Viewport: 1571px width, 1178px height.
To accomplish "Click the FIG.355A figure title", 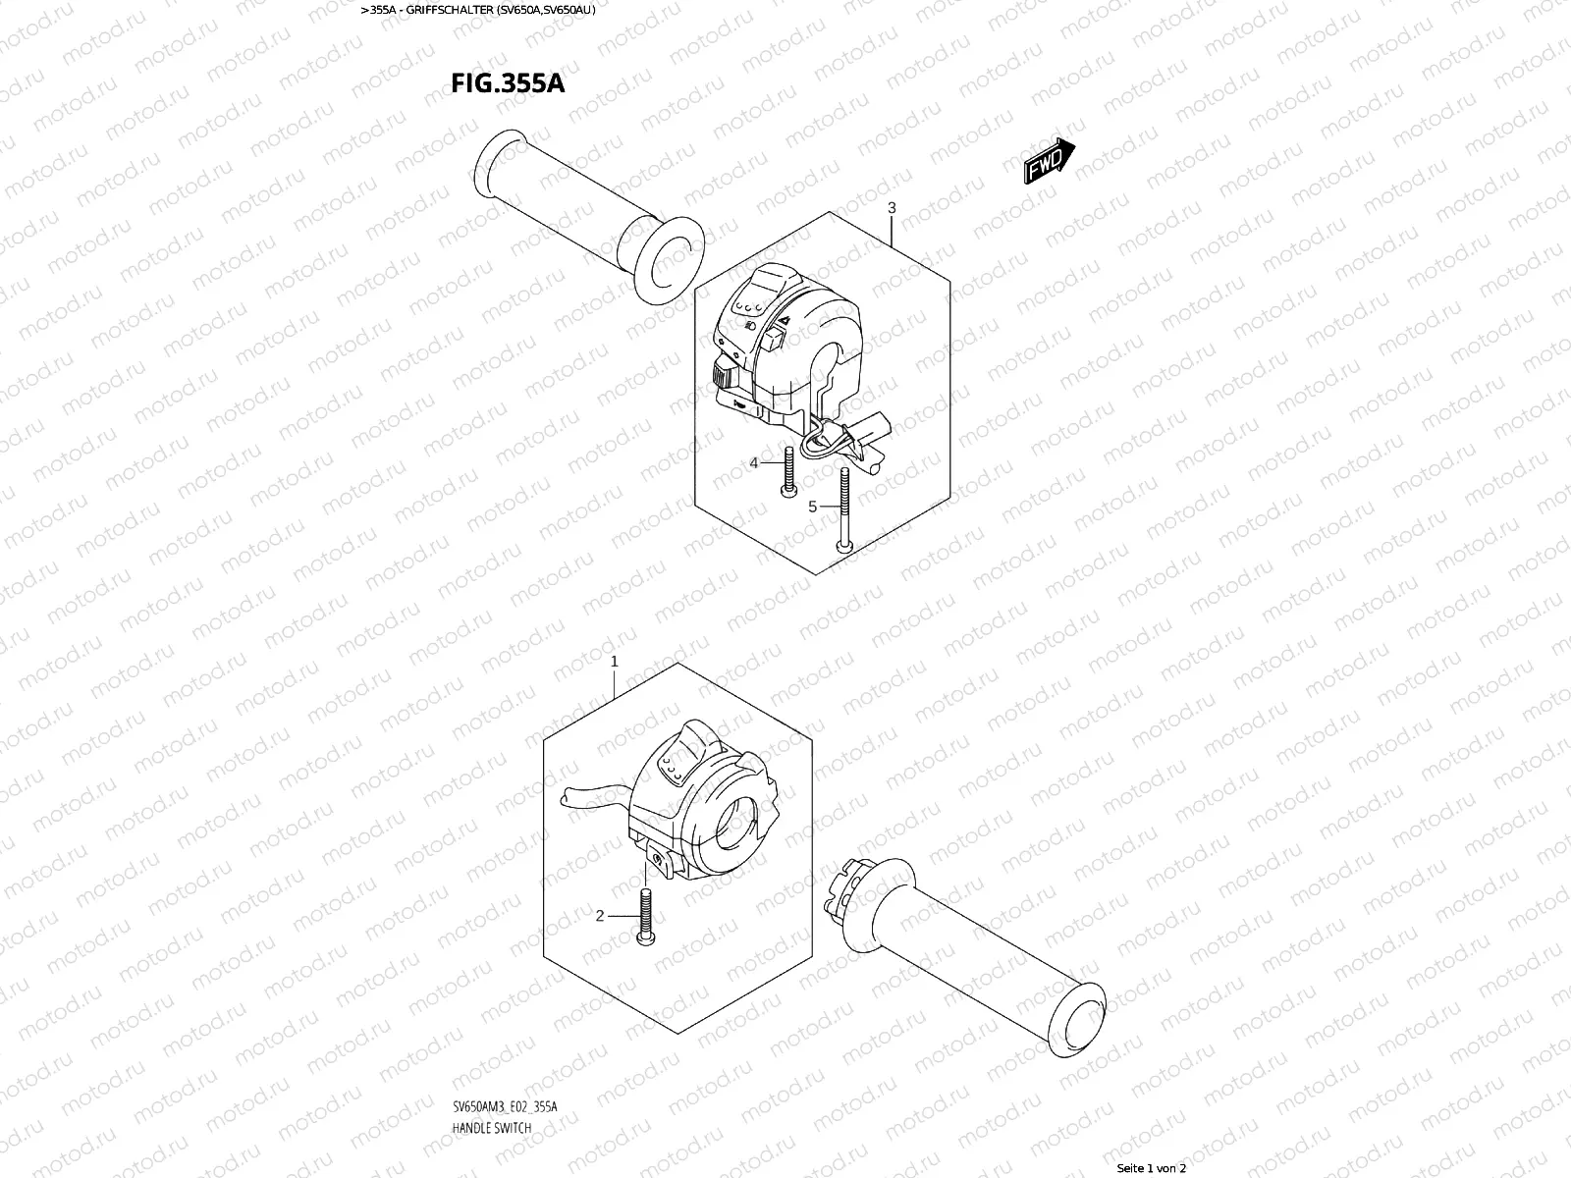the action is [x=508, y=82].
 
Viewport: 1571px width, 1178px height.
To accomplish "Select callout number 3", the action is [x=892, y=208].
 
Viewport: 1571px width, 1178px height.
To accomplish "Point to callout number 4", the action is [x=755, y=462].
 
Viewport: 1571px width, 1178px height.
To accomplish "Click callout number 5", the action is [x=812, y=507].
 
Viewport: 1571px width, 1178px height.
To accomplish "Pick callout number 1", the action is [x=615, y=662].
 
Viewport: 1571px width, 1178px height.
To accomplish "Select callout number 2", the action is [x=600, y=916].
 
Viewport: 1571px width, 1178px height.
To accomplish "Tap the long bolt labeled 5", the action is [x=843, y=510].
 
